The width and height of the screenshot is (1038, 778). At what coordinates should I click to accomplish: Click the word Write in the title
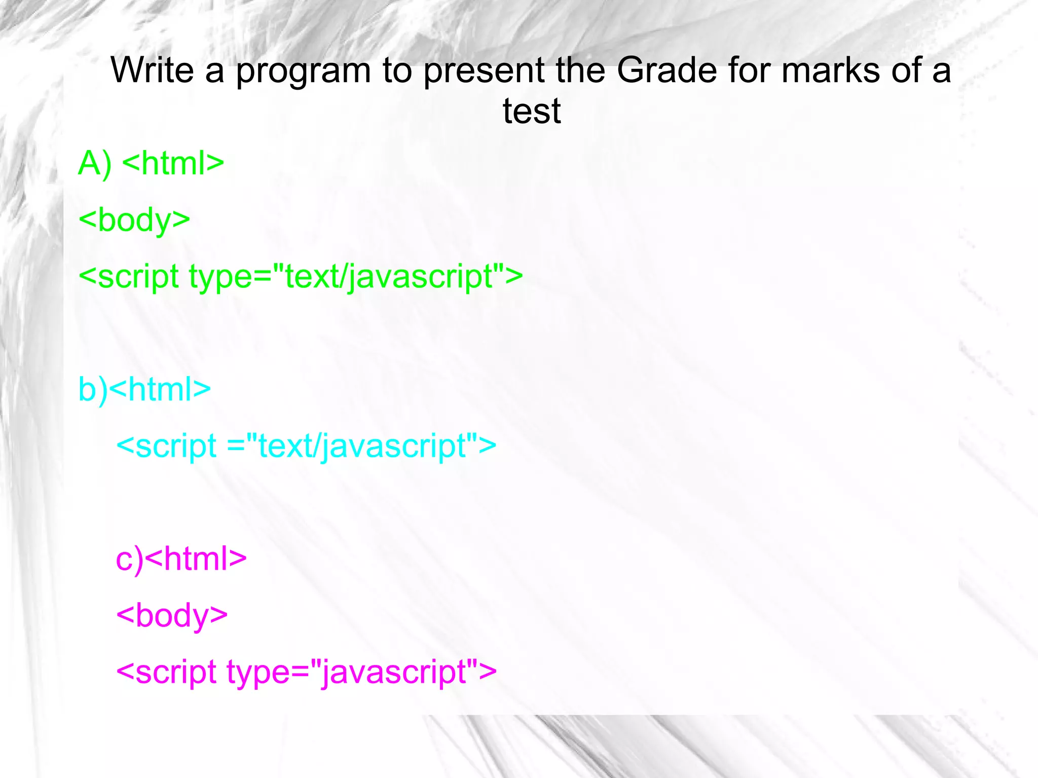[152, 70]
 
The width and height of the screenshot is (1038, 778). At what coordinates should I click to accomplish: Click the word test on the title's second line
[532, 111]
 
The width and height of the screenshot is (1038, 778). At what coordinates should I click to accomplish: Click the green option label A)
[95, 164]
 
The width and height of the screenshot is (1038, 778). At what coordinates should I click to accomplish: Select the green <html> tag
[173, 163]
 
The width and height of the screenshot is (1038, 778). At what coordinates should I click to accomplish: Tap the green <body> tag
[135, 220]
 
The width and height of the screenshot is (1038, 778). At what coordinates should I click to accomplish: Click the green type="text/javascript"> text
[356, 277]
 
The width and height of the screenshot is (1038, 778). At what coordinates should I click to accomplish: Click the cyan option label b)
[93, 390]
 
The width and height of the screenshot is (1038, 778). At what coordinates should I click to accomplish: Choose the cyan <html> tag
[160, 389]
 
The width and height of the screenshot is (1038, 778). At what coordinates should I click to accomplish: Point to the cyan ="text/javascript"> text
[361, 446]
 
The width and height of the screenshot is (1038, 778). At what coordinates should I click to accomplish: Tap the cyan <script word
[167, 446]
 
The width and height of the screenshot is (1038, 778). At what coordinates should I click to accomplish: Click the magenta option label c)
[130, 560]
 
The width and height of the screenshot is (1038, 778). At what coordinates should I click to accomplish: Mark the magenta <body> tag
[172, 616]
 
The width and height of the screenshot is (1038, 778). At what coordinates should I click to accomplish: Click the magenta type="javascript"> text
[361, 672]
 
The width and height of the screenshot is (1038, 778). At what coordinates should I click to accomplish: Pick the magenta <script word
[167, 672]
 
